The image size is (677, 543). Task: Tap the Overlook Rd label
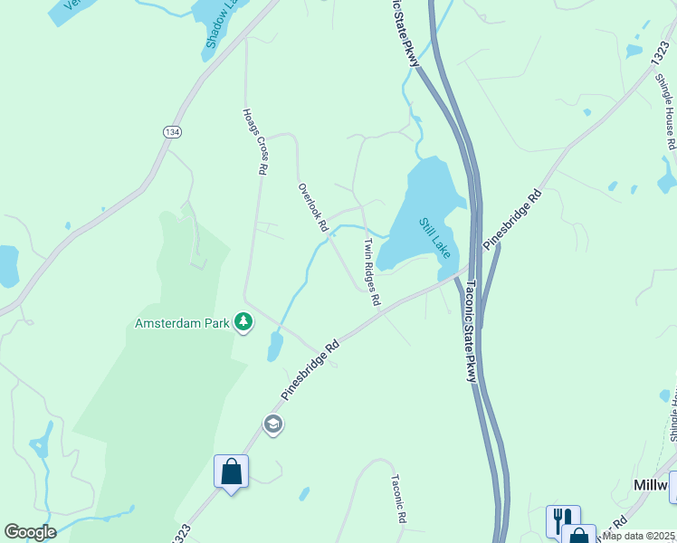pos(312,207)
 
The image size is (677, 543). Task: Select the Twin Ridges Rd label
pos(371,271)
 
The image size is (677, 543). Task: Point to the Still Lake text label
pos(434,237)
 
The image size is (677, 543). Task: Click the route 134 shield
pos(171,132)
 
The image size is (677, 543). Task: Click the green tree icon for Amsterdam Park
pos(243,321)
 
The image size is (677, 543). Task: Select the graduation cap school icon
pos(272,424)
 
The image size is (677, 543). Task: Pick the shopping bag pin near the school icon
pos(231,472)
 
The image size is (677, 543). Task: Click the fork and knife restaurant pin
pos(561,521)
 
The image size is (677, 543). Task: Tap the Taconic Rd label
pos(396,500)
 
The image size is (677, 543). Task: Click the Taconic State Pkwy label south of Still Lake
pos(471,331)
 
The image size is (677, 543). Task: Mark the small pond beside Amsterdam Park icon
pos(275,346)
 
